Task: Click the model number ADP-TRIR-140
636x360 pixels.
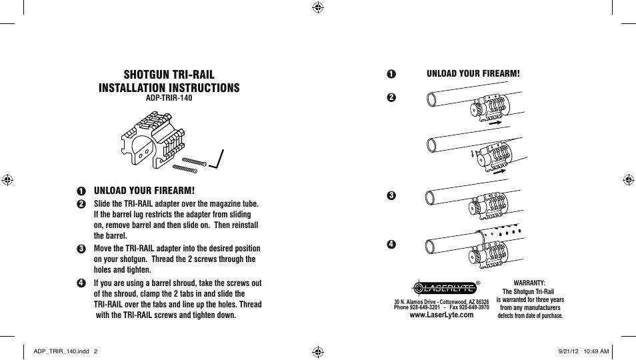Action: tap(169, 98)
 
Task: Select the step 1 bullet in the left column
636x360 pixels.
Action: tap(81, 191)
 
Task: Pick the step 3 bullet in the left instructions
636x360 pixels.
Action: tap(81, 249)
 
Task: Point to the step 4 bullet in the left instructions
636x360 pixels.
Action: tap(81, 283)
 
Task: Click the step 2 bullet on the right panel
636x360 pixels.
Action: tap(391, 97)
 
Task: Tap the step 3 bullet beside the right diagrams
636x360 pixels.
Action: tap(391, 195)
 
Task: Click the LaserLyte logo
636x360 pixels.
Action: tap(443, 288)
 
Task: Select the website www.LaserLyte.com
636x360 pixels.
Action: tap(441, 315)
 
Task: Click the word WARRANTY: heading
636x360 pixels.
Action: tap(529, 283)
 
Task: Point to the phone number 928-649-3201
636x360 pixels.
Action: tap(425, 308)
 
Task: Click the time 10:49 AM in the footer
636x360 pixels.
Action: tap(596, 351)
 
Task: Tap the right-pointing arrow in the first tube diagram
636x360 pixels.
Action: tap(494, 123)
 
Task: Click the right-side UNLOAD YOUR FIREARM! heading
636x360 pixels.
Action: tap(473, 73)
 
